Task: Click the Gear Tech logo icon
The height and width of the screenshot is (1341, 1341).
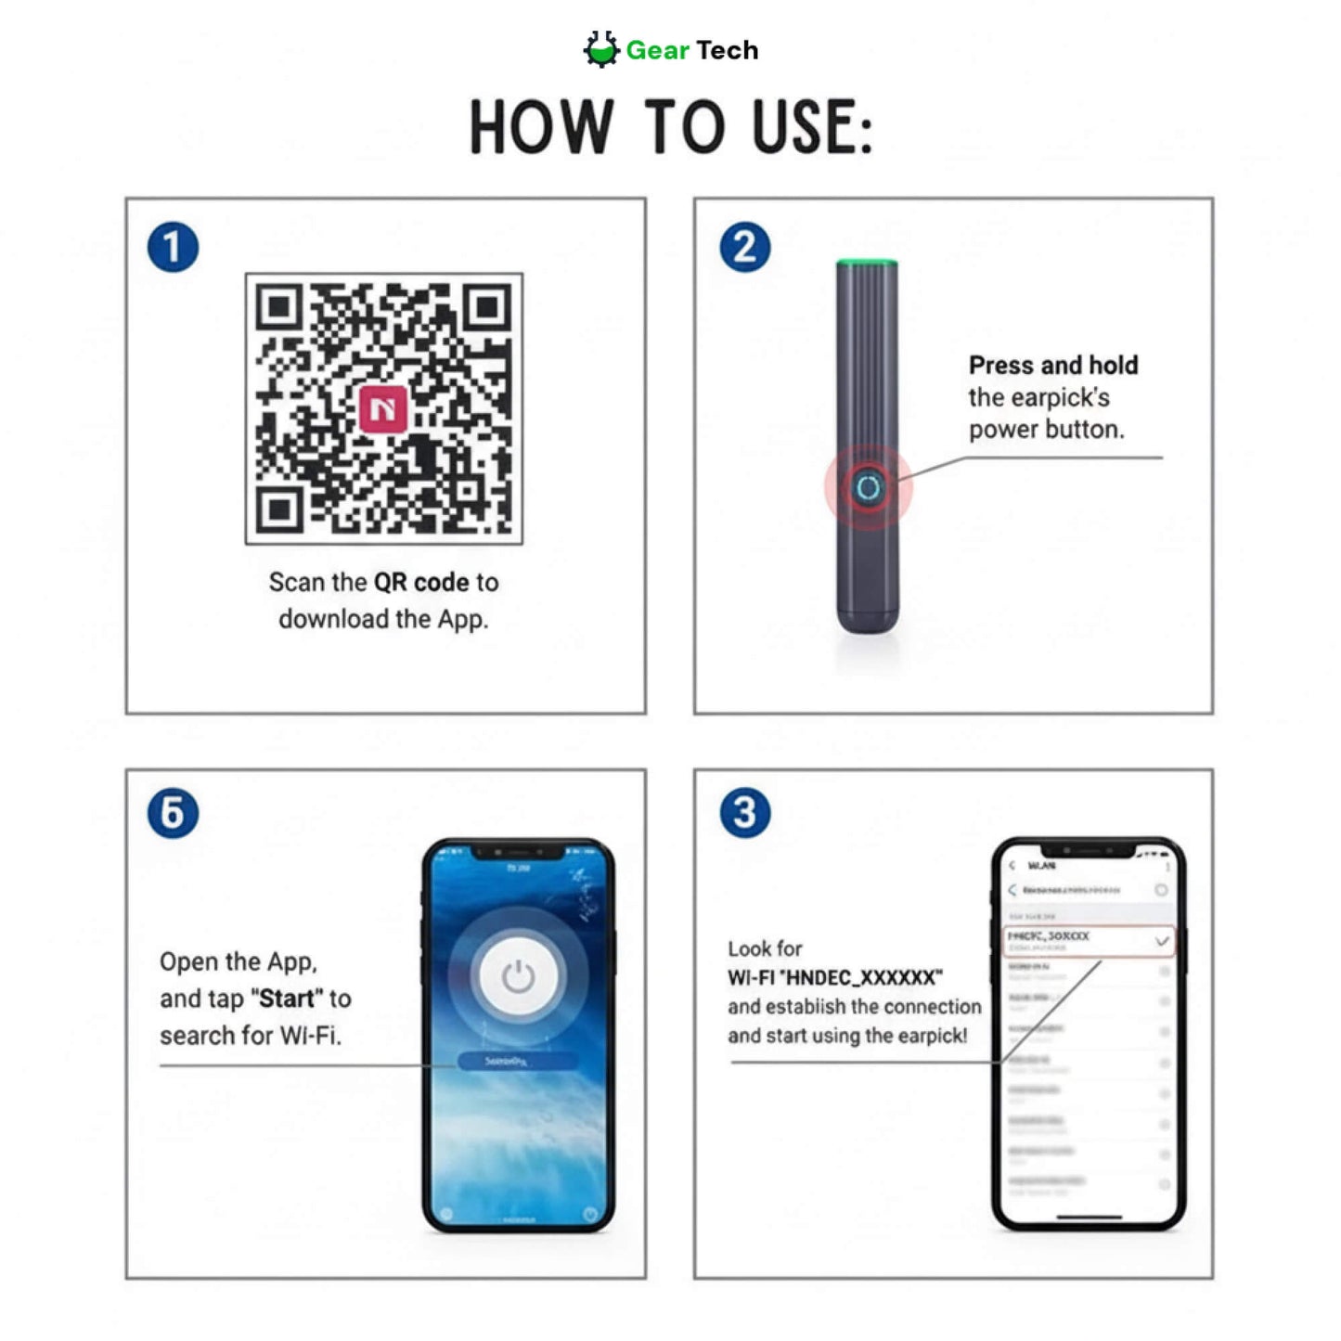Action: coord(601,49)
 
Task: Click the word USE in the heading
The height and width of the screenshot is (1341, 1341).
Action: coord(810,127)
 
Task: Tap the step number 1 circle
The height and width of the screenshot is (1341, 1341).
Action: coord(173,248)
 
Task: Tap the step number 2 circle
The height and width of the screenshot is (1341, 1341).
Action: coord(745,248)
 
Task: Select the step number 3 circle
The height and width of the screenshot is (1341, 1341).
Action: coord(745,813)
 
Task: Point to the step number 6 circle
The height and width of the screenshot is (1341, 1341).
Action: coord(173,813)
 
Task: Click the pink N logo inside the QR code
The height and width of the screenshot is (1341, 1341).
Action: coord(383,408)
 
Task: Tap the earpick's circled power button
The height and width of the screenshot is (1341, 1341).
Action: coord(869,487)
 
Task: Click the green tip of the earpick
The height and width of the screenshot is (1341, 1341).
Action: coord(867,264)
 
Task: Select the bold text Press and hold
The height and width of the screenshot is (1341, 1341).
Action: coord(1053,366)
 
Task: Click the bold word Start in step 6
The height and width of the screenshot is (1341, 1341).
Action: coord(286,999)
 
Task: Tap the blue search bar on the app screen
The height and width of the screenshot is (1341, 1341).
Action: coord(517,1061)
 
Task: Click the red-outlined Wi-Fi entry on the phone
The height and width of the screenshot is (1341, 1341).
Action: coord(1088,941)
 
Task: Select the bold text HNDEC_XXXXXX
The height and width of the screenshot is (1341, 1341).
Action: coord(863,978)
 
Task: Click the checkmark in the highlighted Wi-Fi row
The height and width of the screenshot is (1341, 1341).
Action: coord(1161,941)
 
